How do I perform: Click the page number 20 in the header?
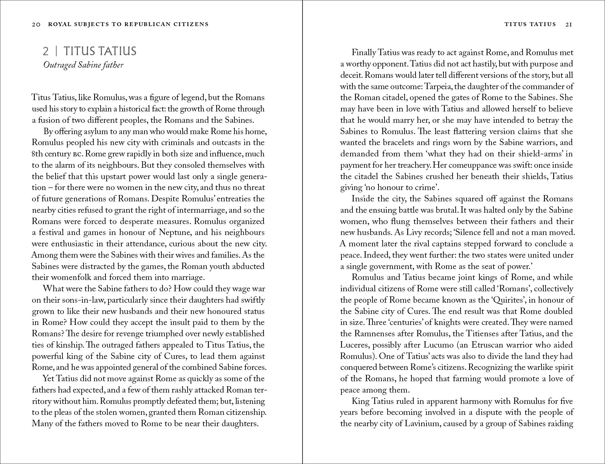click(36, 25)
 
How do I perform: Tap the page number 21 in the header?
click(568, 24)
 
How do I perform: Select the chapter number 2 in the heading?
click(45, 51)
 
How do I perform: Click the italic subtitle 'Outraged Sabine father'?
click(83, 65)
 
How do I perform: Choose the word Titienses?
click(484, 334)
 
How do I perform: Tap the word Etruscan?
click(507, 345)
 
